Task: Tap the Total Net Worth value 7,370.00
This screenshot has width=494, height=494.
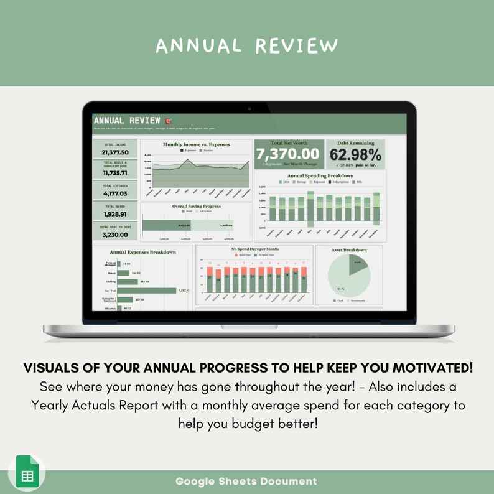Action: (x=287, y=154)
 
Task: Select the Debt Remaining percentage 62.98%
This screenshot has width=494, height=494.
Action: (x=355, y=154)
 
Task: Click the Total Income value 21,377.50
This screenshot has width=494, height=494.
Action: (x=115, y=152)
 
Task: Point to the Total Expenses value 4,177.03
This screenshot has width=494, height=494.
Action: (x=115, y=193)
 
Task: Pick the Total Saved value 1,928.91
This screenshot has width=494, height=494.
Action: (x=115, y=214)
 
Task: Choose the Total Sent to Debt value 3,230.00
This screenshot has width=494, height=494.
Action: (x=115, y=235)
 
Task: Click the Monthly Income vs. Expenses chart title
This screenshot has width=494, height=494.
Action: (x=196, y=144)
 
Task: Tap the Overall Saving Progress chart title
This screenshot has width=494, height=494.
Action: (x=196, y=206)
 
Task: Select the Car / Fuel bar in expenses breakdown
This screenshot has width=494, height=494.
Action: (x=147, y=291)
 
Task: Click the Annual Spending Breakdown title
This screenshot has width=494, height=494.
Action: (x=320, y=176)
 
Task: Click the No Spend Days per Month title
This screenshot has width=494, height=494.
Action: (x=254, y=249)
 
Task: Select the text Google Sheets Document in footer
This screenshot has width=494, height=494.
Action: (x=246, y=481)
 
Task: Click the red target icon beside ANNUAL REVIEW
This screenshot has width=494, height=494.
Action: (x=169, y=121)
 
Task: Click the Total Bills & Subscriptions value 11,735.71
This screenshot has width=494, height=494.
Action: (x=115, y=173)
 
